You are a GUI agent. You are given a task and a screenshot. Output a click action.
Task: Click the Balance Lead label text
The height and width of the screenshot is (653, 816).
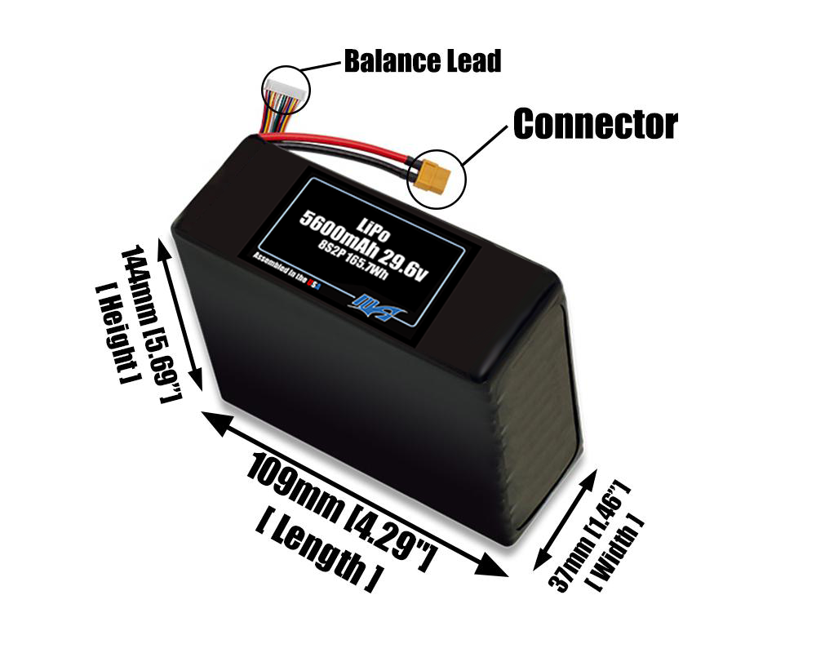422,61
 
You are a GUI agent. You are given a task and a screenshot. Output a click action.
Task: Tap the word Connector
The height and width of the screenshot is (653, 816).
595,124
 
